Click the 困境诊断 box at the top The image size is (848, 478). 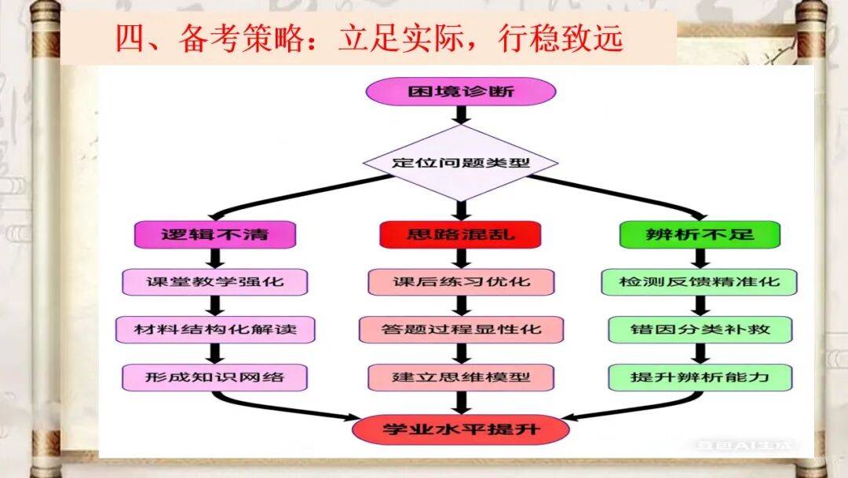click(461, 90)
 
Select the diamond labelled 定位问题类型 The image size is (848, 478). click(461, 164)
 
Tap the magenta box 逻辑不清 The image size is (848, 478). click(214, 233)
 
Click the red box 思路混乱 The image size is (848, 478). click(461, 233)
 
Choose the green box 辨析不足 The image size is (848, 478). click(699, 233)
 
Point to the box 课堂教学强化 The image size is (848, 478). click(214, 281)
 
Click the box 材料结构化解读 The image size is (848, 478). click(214, 329)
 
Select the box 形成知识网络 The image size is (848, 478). click(214, 377)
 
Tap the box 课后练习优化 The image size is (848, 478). click(461, 281)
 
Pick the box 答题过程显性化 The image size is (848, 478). click(461, 329)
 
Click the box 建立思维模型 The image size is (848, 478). click(461, 377)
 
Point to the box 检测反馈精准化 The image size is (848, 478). click(699, 281)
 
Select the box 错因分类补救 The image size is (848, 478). click(699, 329)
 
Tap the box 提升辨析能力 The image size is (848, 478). click(699, 377)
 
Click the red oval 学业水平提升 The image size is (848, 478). click(461, 429)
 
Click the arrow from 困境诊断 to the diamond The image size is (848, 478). click(461, 115)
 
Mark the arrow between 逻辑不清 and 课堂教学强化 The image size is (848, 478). click(214, 257)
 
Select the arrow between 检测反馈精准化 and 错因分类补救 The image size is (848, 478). click(699, 305)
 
